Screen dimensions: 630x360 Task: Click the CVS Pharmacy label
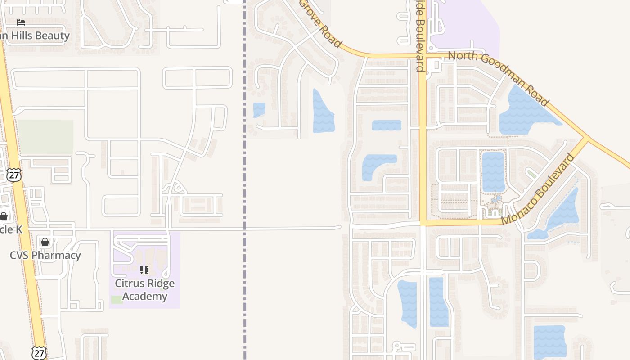[x=45, y=256]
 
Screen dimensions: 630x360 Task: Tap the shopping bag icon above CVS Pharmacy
[x=45, y=242]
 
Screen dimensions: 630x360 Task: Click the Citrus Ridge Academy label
[x=144, y=290]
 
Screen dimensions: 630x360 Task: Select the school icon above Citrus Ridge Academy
[x=144, y=270]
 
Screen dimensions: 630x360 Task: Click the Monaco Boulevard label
[x=538, y=189]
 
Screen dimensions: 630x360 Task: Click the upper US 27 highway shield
[x=14, y=175]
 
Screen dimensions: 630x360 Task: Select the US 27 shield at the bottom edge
[x=39, y=353]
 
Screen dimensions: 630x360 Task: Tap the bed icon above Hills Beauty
[x=21, y=22]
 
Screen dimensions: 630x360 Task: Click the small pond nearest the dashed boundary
[x=259, y=110]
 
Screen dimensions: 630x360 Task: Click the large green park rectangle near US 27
[x=45, y=137]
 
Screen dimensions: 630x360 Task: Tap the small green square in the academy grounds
[x=117, y=299]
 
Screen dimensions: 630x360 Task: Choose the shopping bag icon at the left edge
[x=4, y=216]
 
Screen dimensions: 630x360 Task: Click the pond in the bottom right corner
[x=549, y=341]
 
